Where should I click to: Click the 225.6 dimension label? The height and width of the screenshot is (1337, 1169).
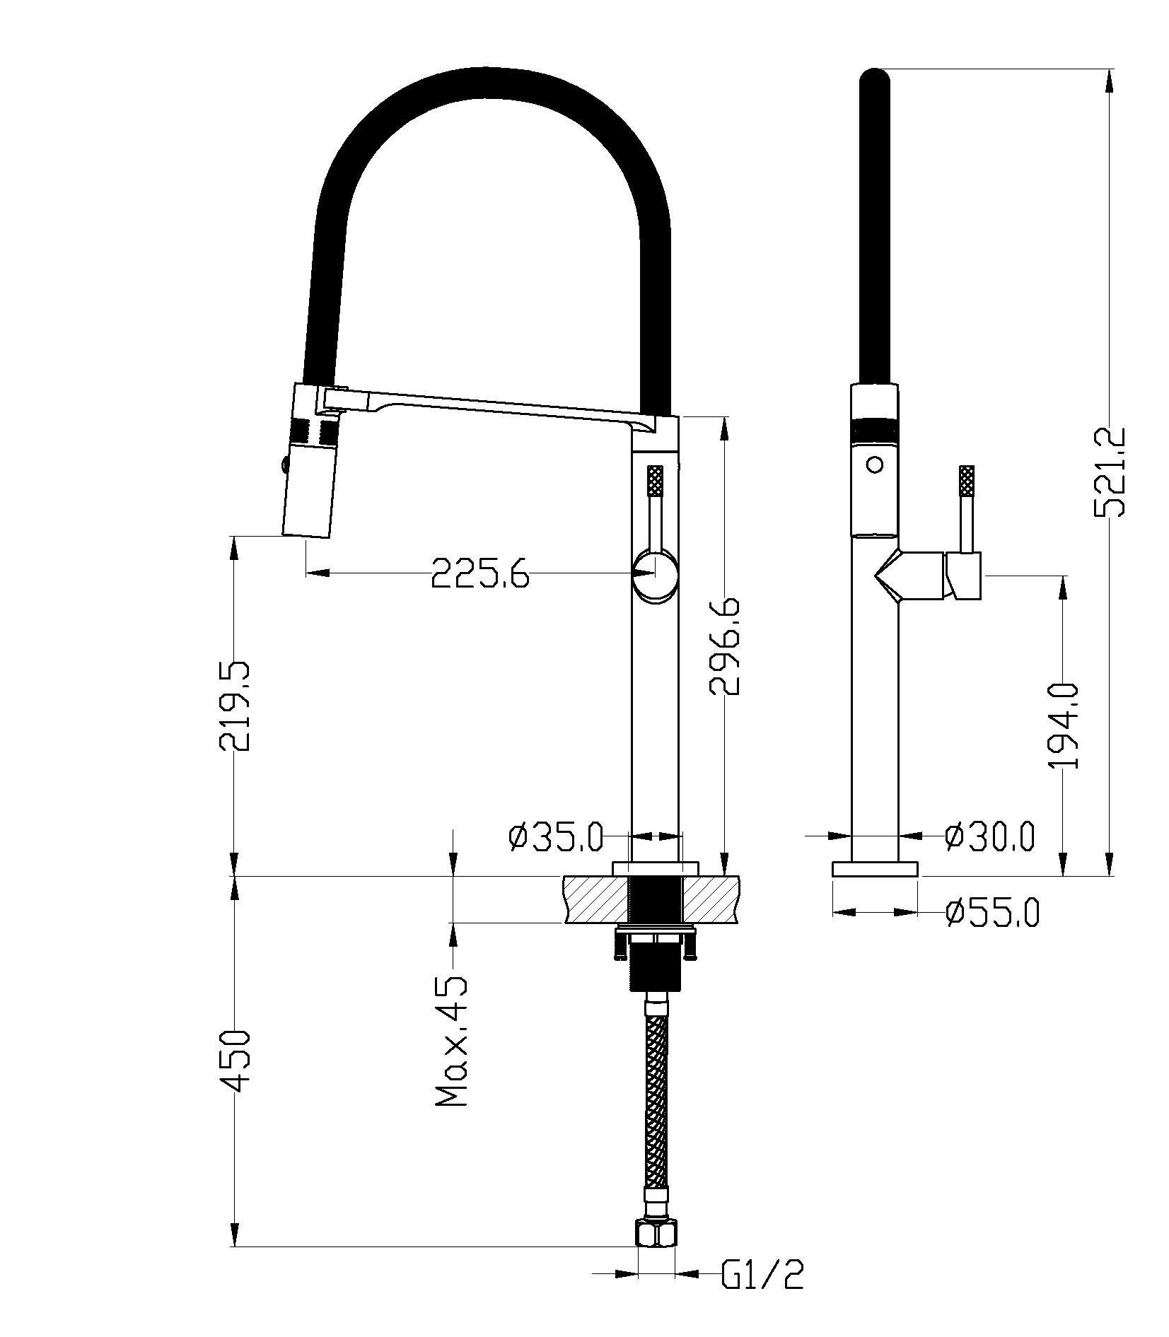click(x=480, y=573)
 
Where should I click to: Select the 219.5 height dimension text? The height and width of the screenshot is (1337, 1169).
click(x=234, y=707)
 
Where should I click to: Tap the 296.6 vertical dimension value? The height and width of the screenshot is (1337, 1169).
click(x=723, y=646)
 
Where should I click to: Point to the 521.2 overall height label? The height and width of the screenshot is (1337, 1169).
click(x=1109, y=472)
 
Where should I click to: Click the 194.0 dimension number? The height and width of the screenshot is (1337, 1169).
click(x=1062, y=725)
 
